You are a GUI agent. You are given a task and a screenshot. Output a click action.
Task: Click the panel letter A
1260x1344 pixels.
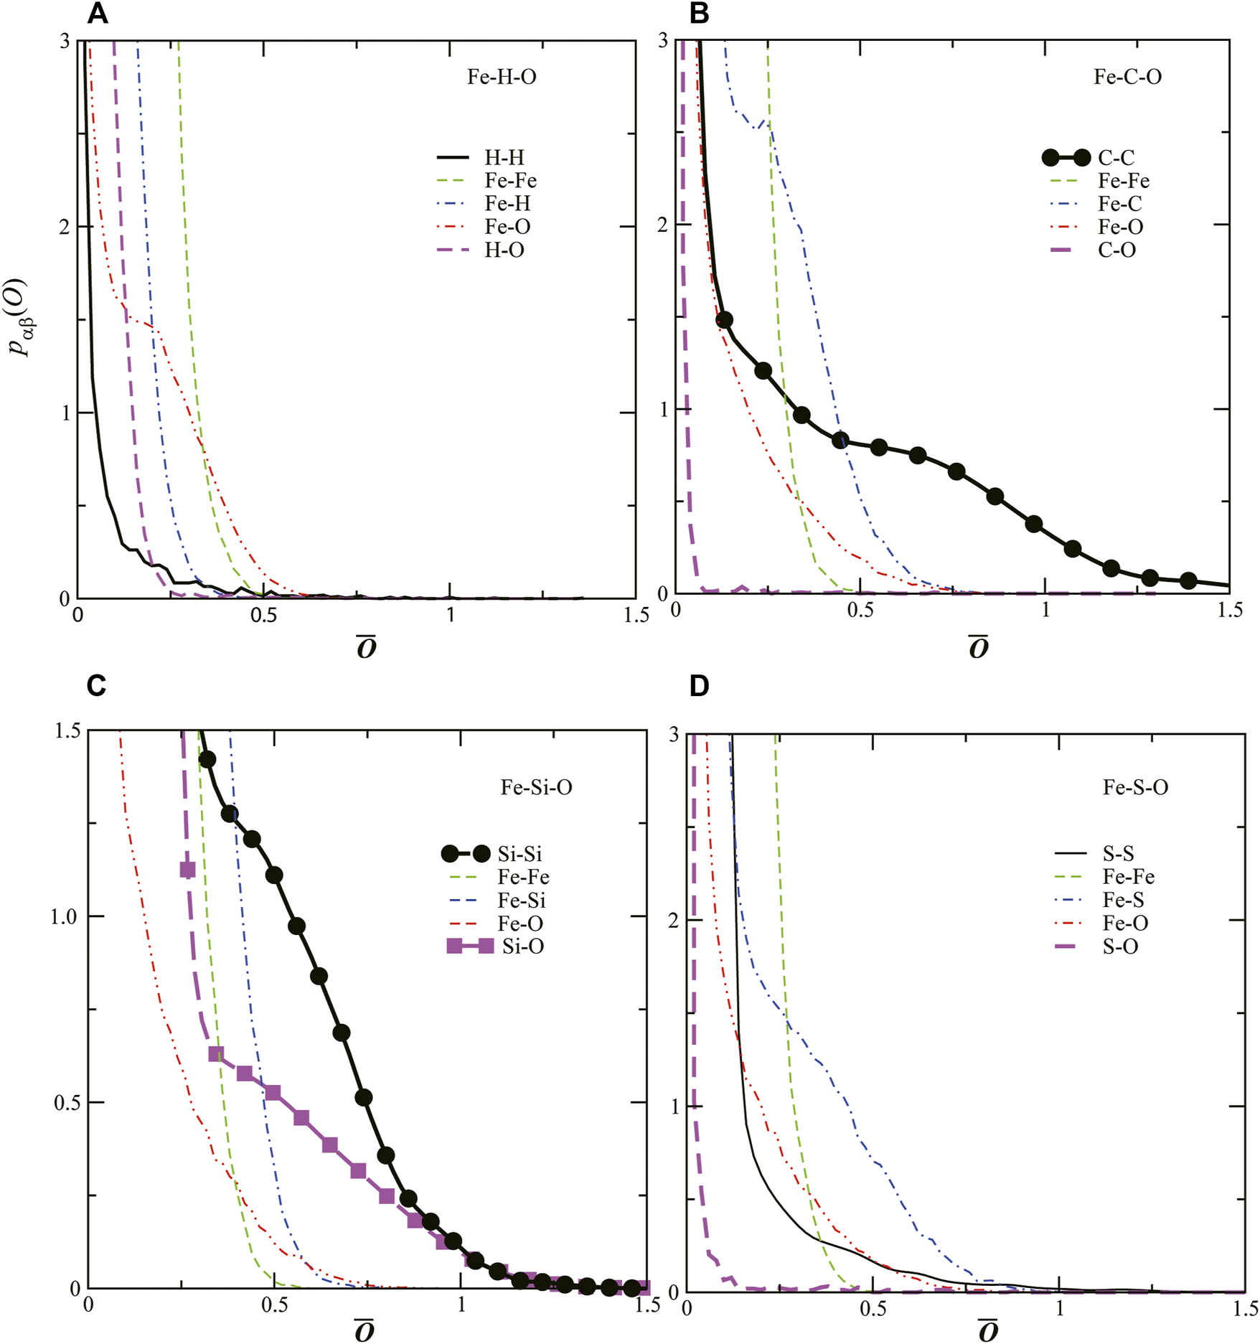pyautogui.click(x=98, y=14)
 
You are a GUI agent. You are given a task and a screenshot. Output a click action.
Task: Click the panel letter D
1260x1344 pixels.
pyautogui.click(x=699, y=686)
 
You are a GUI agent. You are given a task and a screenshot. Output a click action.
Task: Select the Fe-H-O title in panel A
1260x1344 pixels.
pyautogui.click(x=502, y=77)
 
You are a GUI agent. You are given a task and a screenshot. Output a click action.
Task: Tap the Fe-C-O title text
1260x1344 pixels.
pyautogui.click(x=1127, y=77)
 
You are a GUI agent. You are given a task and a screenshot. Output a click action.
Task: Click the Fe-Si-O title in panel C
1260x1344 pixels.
pyautogui.click(x=536, y=787)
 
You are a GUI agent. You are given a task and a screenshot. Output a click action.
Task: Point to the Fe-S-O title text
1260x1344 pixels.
pyautogui.click(x=1135, y=787)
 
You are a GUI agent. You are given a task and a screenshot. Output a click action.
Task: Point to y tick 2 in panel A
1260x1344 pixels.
pyautogui.click(x=65, y=227)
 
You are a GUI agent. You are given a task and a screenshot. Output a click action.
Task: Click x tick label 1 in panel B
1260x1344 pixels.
pyautogui.click(x=1045, y=611)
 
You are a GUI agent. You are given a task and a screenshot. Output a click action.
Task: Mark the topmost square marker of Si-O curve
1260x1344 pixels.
pyautogui.click(x=187, y=870)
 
